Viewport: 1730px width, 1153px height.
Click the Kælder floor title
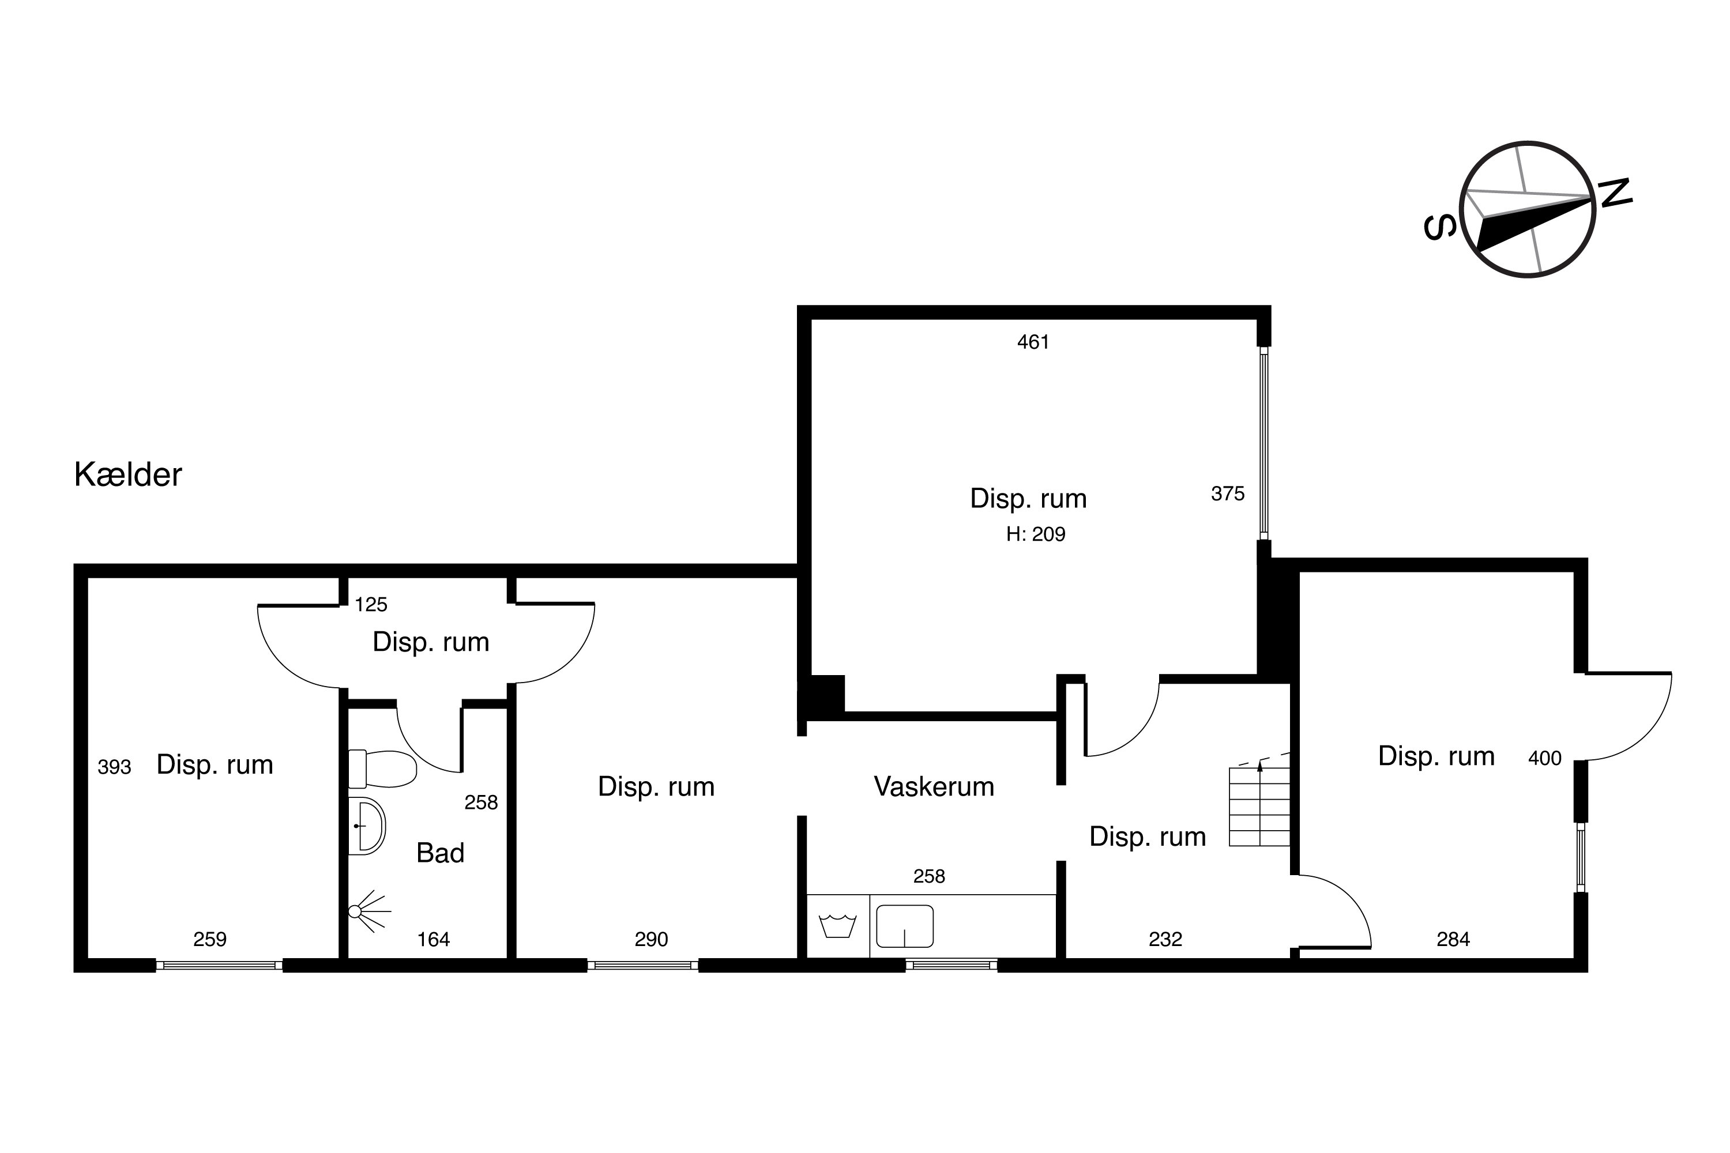pyautogui.click(x=128, y=475)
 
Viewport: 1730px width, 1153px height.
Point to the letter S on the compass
pyautogui.click(x=1440, y=227)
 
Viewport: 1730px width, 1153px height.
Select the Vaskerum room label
pyautogui.click(x=934, y=787)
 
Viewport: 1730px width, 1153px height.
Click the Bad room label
pyautogui.click(x=440, y=853)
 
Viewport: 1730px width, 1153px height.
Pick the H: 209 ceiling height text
pyautogui.click(x=1036, y=534)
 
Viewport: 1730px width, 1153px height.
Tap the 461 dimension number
pyautogui.click(x=1033, y=342)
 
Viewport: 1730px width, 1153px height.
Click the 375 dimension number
pyautogui.click(x=1228, y=493)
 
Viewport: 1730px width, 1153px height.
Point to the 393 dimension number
pyautogui.click(x=114, y=767)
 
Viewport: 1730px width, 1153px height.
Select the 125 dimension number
pyautogui.click(x=371, y=604)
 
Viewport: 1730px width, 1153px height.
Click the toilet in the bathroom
pyautogui.click(x=382, y=769)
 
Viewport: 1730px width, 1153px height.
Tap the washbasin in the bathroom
pyautogui.click(x=366, y=826)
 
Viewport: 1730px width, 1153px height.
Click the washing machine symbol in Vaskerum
pyautogui.click(x=838, y=926)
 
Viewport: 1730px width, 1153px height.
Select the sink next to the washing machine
pyautogui.click(x=905, y=926)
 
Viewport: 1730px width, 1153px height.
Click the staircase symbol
pyautogui.click(x=1259, y=806)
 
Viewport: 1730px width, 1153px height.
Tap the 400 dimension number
pyautogui.click(x=1545, y=758)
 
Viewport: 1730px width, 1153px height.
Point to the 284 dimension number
pyautogui.click(x=1453, y=939)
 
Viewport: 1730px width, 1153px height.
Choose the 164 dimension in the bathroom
pyautogui.click(x=433, y=939)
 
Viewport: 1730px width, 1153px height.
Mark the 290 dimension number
pyautogui.click(x=651, y=939)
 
